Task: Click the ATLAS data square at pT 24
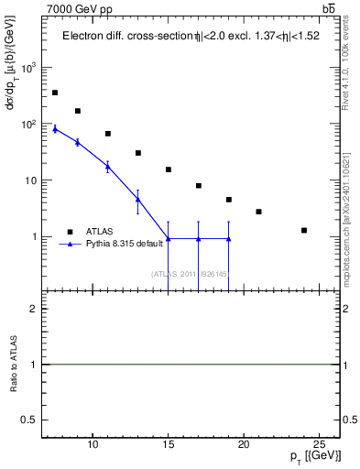click(x=304, y=230)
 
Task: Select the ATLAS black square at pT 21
click(x=259, y=212)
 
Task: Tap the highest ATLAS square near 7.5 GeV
click(x=55, y=93)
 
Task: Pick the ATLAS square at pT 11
click(x=108, y=134)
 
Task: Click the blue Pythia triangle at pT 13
click(x=138, y=199)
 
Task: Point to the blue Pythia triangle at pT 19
click(x=228, y=239)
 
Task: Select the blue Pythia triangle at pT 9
click(x=78, y=142)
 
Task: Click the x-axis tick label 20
click(x=244, y=446)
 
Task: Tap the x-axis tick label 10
click(x=93, y=446)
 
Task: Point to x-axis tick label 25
click(x=319, y=446)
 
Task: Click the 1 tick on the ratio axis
click(x=36, y=365)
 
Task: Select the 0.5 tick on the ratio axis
click(x=31, y=420)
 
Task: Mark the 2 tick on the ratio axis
click(x=36, y=310)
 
